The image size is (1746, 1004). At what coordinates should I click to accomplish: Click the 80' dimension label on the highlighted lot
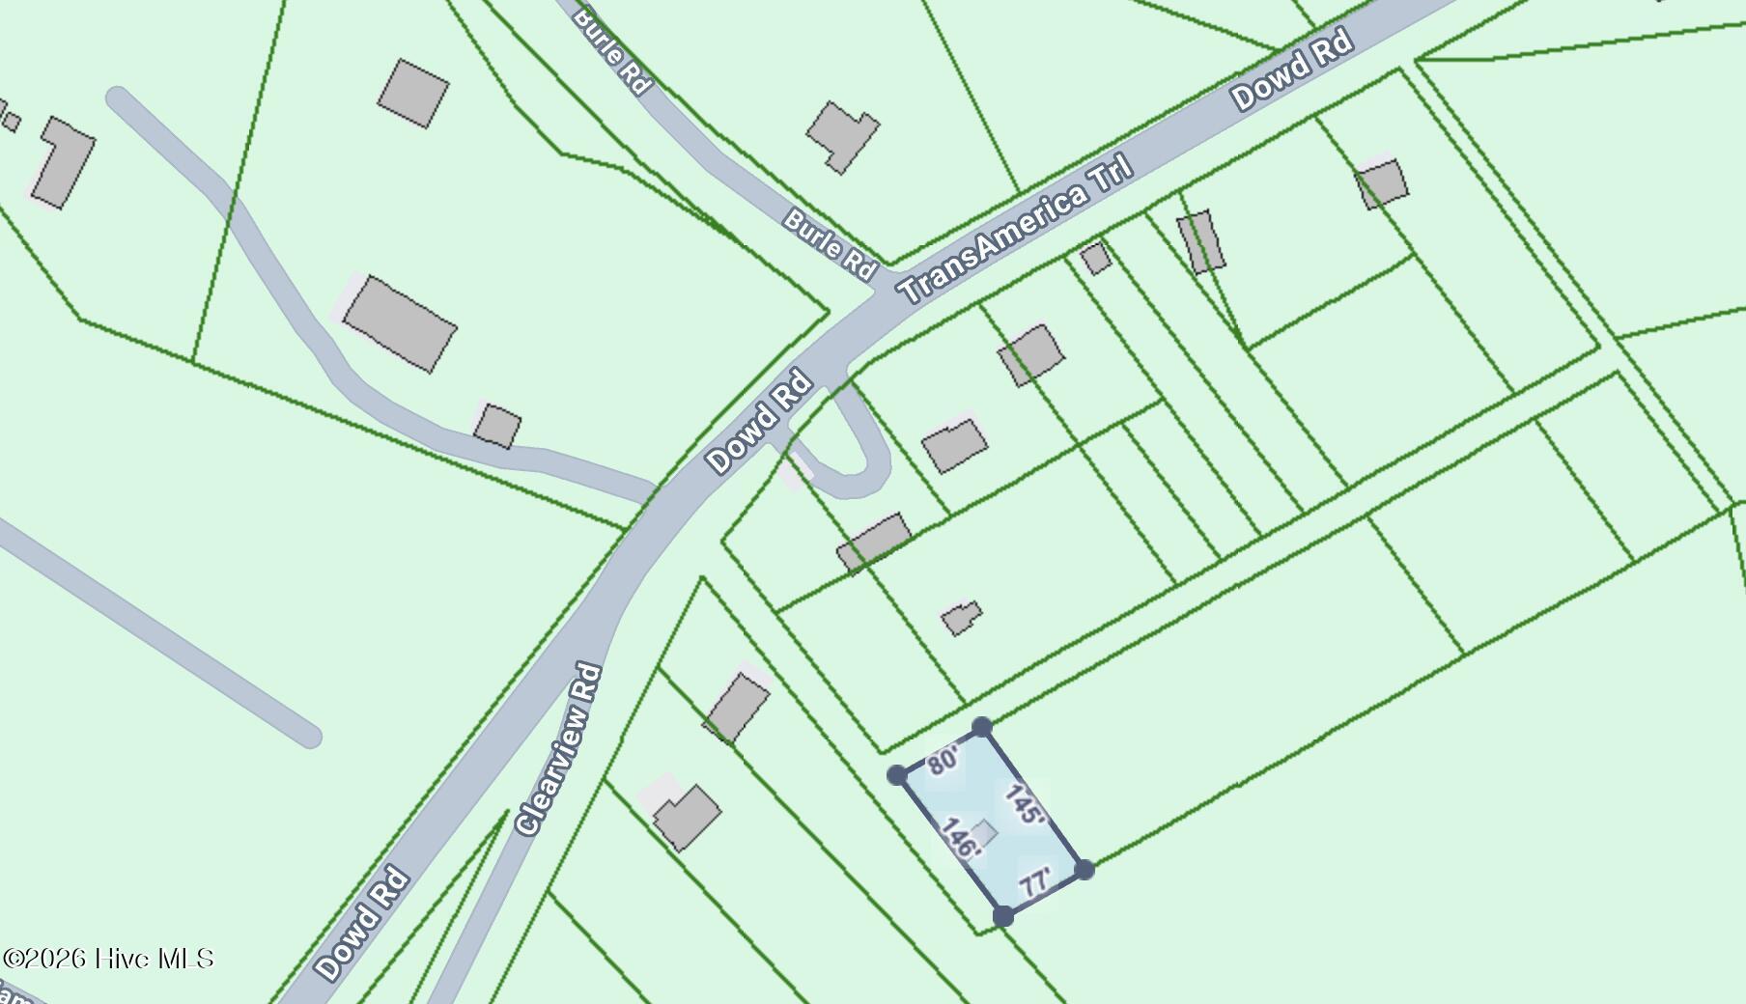pos(943,760)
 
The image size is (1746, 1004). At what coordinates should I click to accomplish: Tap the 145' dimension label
pos(1024,805)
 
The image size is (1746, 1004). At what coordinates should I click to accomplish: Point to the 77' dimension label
pos(1035,882)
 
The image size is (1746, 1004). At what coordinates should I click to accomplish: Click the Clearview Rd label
pos(560,749)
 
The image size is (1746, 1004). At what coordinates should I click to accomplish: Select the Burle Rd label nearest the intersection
pos(830,244)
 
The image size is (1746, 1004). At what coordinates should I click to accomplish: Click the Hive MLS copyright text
pos(108,959)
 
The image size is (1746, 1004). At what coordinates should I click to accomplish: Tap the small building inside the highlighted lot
pos(984,832)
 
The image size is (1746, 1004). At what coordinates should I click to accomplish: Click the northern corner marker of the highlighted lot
pos(981,727)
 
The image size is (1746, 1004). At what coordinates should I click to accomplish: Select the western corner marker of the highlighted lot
pos(896,774)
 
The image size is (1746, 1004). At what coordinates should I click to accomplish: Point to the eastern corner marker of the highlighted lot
pos(1084,870)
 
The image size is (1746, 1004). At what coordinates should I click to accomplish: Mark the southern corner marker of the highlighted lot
pos(1003,916)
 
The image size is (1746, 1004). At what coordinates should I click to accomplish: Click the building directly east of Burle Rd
pos(842,135)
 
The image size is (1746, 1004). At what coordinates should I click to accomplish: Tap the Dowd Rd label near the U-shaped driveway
pos(759,424)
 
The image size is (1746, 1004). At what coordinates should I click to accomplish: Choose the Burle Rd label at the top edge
pos(612,48)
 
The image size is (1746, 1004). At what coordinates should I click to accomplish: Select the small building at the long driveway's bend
pos(497,426)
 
